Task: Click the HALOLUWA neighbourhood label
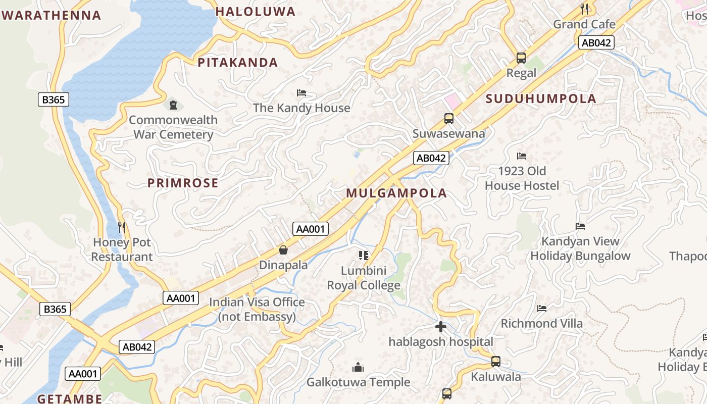[x=256, y=12]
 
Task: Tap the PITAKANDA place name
[x=238, y=63]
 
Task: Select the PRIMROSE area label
[x=183, y=183]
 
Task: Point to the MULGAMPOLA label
[x=396, y=193]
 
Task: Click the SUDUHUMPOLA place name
[x=541, y=98]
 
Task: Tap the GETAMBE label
[x=70, y=398]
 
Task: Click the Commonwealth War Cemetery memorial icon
[x=173, y=105]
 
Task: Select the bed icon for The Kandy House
[x=301, y=93]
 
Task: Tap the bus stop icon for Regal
[x=521, y=58]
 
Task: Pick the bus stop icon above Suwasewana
[x=448, y=119]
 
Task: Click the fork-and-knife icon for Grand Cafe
[x=584, y=9]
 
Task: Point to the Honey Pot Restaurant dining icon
[x=122, y=227]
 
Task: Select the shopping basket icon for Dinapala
[x=283, y=250]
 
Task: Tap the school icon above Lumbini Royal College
[x=364, y=256]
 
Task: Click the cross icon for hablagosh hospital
[x=440, y=327]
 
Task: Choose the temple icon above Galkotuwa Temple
[x=358, y=367]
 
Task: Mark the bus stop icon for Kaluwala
[x=496, y=362]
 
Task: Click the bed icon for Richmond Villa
[x=542, y=308]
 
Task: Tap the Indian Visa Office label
[x=257, y=309]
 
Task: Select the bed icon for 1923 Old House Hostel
[x=522, y=156]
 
